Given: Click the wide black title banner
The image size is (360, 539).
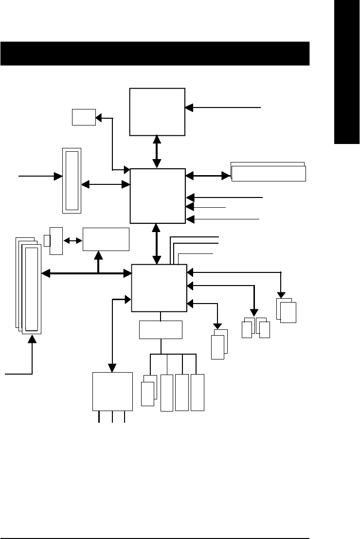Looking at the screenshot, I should pyautogui.click(x=155, y=54).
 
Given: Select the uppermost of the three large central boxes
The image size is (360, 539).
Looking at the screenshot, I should pyautogui.click(x=157, y=111).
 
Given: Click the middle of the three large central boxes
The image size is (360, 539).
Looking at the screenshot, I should pyautogui.click(x=158, y=196).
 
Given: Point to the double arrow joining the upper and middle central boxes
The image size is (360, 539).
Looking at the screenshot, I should pyautogui.click(x=157, y=152).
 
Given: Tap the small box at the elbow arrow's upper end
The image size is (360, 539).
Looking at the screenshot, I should pyautogui.click(x=83, y=117).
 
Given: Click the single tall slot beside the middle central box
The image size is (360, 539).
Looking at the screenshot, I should pyautogui.click(x=72, y=180).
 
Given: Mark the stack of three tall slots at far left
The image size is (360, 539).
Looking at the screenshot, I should pyautogui.click(x=29, y=285).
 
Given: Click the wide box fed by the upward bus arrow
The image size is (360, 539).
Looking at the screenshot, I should pyautogui.click(x=106, y=239).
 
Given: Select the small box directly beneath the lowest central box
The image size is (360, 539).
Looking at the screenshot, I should pyautogui.click(x=161, y=330).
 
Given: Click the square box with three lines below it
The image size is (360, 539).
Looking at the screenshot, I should pyautogui.click(x=112, y=391).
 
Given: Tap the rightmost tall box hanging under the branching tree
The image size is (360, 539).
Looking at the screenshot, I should pyautogui.click(x=198, y=392).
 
